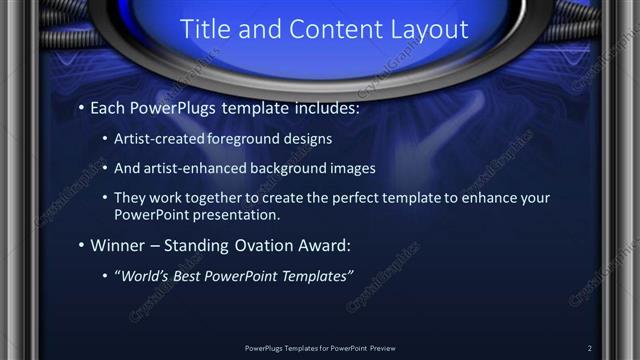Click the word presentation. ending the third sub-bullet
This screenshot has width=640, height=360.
(251, 214)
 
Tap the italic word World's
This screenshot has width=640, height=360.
(144, 275)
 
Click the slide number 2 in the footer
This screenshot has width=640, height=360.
(589, 347)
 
